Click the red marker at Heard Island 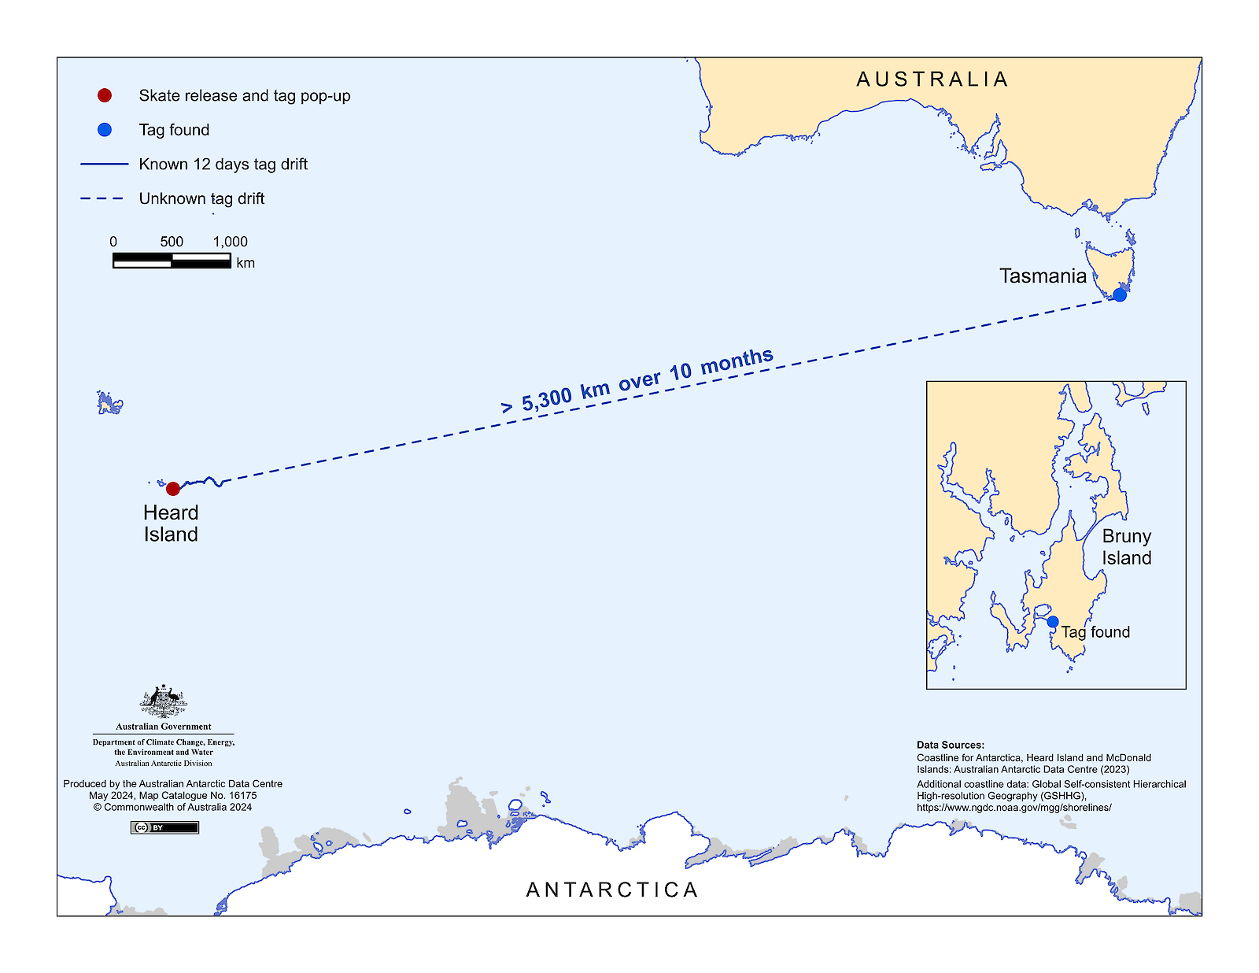point(173,489)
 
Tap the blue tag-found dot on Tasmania point(1120,295)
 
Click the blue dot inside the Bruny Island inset point(1053,622)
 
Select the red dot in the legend point(105,95)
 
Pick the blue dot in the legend point(105,130)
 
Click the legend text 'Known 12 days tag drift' point(223,165)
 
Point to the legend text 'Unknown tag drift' point(201,198)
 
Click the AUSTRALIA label point(932,80)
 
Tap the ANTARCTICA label point(612,890)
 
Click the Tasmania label point(1043,276)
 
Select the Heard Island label point(171,523)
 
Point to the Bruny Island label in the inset point(1126,547)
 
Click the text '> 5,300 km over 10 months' point(637,381)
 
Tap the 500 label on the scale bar point(172,242)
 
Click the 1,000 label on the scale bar point(230,242)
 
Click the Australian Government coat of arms point(164,701)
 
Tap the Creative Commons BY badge point(164,827)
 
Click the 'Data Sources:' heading point(950,745)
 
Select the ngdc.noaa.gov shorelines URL point(1013,808)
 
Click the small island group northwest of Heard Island point(109,403)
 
